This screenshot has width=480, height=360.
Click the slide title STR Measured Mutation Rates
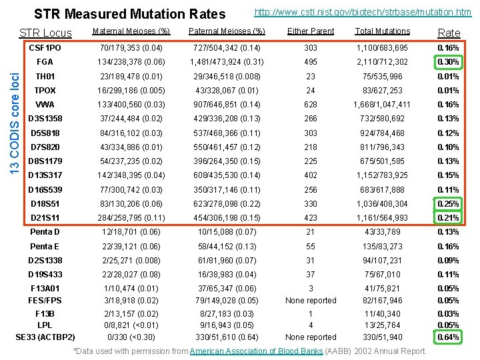pyautogui.click(x=129, y=13)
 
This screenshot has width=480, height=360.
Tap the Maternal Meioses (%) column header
pyautogui.click(x=131, y=31)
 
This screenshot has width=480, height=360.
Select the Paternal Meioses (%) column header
pyautogui.click(x=227, y=31)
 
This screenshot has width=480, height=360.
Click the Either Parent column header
pyautogui.click(x=311, y=31)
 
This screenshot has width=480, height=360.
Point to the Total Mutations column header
pyautogui.click(x=382, y=31)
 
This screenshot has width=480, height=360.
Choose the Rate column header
pyautogui.click(x=448, y=33)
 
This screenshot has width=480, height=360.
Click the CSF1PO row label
pyautogui.click(x=45, y=49)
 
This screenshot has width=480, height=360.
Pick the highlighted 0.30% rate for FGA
pyautogui.click(x=448, y=63)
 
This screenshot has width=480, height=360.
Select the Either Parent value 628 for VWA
pyautogui.click(x=311, y=105)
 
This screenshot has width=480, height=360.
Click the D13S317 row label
pyautogui.click(x=45, y=175)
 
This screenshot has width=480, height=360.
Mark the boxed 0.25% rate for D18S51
pyautogui.click(x=448, y=204)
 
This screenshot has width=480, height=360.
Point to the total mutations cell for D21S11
pyautogui.click(x=382, y=218)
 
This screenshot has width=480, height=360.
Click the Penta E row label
pyautogui.click(x=45, y=246)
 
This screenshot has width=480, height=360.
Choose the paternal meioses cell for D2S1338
pyautogui.click(x=227, y=261)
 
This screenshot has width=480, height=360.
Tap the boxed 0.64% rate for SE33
pyautogui.click(x=448, y=337)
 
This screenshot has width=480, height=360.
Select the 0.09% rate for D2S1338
pyautogui.click(x=448, y=261)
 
